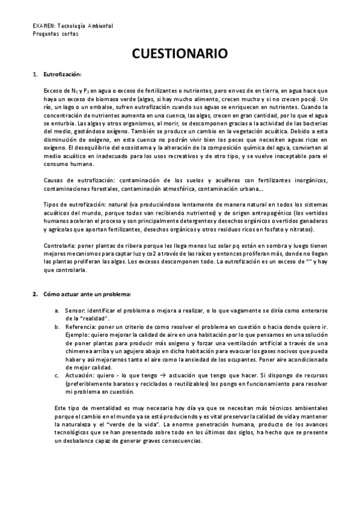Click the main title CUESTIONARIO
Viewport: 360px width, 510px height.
point(180,54)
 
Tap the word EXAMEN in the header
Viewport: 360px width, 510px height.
point(43,26)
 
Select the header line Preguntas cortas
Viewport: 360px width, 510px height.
point(56,34)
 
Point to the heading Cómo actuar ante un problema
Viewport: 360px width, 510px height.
point(87,294)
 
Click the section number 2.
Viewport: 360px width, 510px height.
point(34,294)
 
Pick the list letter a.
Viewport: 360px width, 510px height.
point(56,310)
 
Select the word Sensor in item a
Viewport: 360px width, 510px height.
point(75,310)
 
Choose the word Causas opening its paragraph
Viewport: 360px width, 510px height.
point(55,180)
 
